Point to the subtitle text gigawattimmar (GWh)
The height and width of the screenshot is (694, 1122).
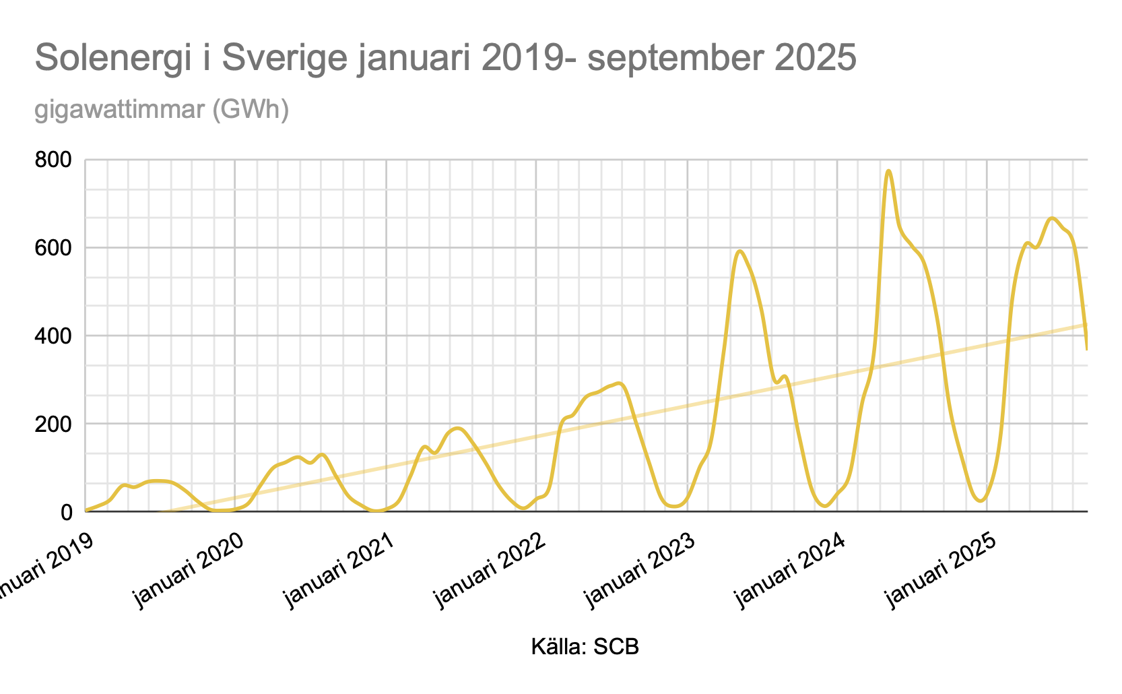tap(162, 109)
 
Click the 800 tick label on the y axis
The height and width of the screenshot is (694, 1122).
tap(58, 160)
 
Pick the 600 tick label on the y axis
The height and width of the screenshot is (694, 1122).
tap(58, 248)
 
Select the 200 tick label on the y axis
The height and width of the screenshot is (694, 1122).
tap(58, 424)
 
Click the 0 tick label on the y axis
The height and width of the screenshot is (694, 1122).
tap(67, 512)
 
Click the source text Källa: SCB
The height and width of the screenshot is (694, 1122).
tap(585, 647)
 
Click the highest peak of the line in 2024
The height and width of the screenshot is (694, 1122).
tap(888, 171)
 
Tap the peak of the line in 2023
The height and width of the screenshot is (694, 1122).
tap(739, 251)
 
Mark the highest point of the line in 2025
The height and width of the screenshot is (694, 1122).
tap(1053, 218)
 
